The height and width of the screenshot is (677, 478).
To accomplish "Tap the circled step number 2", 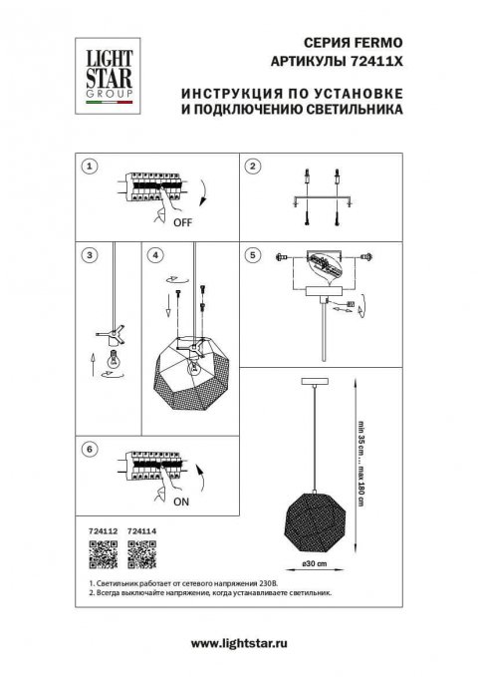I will coord(253,167).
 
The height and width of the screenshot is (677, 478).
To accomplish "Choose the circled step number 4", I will coord(153,255).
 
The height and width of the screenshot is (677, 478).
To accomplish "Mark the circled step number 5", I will coord(253,255).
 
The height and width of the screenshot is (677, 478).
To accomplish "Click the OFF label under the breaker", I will coord(182,223).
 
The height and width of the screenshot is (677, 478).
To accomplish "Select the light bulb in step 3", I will coord(113,361).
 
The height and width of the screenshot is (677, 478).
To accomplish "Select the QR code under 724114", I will coord(143,550).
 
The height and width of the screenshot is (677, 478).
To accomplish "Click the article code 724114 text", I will coord(143,531).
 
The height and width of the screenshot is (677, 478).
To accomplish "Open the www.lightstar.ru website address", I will coord(238,646).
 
